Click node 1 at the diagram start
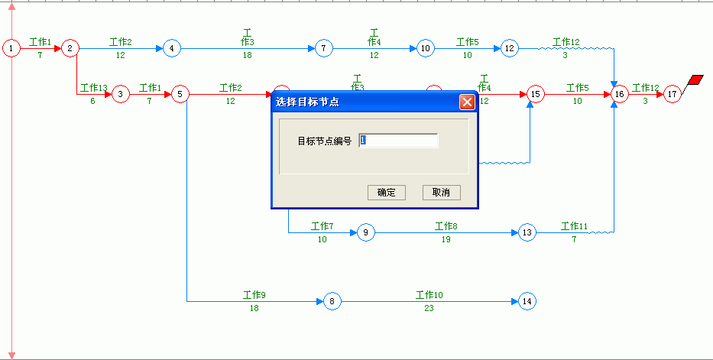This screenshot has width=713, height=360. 11,48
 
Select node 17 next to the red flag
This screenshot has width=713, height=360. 672,94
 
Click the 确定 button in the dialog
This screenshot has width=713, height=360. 387,193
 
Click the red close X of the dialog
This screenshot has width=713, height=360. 467,102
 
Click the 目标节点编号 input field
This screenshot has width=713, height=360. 398,141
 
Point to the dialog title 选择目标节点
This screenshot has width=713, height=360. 307,102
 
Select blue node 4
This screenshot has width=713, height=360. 171,48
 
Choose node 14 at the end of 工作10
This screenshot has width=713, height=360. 527,301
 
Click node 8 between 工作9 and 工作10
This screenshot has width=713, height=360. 332,301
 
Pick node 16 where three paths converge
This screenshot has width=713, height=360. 619,94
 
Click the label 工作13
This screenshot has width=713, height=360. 94,87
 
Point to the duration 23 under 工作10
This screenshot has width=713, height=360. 429,308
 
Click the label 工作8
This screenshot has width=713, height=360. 446,226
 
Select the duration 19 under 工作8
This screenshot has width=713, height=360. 446,239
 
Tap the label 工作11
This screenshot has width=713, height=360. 575,226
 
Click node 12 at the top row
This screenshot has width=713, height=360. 510,48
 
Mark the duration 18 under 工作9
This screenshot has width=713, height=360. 254,308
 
